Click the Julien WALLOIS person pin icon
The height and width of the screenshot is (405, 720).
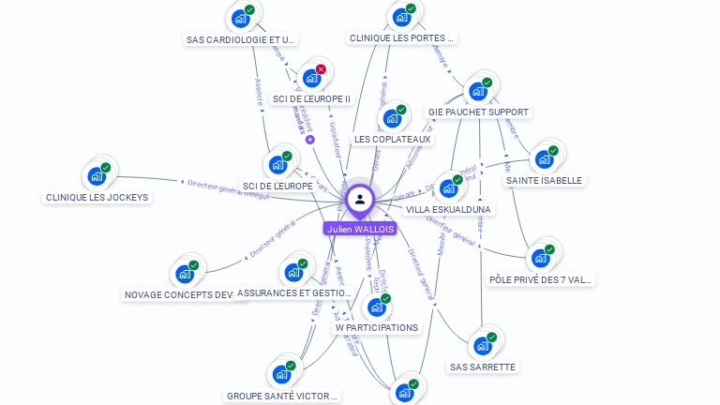tap(360, 200)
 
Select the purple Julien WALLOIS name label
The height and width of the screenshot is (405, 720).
tap(360, 229)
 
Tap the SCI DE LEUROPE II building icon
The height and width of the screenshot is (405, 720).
tap(312, 78)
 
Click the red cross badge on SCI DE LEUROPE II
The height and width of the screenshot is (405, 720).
tap(321, 69)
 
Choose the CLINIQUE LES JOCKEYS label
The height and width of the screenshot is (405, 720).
tap(97, 197)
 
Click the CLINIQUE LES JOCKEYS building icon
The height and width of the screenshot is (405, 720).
tap(97, 176)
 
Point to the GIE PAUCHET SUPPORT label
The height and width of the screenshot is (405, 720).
tap(478, 112)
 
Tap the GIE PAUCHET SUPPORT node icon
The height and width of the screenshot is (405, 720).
tap(478, 91)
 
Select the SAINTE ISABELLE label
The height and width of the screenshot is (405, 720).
tap(544, 180)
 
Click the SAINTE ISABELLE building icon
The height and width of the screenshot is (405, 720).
tap(544, 159)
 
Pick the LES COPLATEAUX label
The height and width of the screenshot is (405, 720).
tap(392, 139)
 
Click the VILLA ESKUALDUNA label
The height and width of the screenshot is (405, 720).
tap(448, 209)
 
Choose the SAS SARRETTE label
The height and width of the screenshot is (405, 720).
tap(482, 367)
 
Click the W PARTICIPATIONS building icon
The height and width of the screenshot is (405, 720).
tap(377, 307)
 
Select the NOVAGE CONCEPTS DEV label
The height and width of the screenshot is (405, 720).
tap(179, 294)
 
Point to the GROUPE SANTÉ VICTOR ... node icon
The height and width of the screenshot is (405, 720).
tap(281, 374)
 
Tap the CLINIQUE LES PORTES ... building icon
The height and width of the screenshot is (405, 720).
tap(402, 17)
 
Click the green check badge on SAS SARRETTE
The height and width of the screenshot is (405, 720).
tap(491, 337)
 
